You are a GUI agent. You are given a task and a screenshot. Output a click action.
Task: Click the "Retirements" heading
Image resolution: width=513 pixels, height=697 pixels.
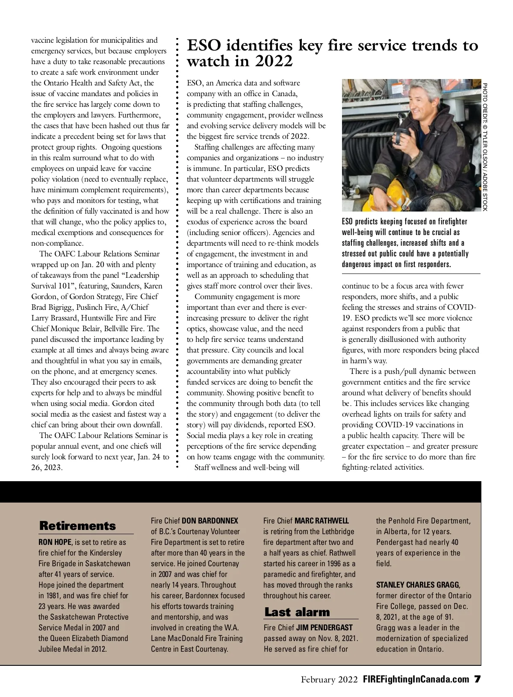pos(77,526)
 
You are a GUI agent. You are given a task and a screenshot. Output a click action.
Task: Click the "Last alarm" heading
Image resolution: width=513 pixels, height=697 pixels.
pos(297,612)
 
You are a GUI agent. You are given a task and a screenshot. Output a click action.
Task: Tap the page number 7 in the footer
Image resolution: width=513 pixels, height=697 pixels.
pos(477,680)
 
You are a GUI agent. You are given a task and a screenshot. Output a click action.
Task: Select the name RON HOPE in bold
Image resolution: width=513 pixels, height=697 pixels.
pos(55,542)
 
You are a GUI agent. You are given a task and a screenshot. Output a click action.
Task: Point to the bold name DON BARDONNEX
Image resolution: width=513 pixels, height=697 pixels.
pos(210,521)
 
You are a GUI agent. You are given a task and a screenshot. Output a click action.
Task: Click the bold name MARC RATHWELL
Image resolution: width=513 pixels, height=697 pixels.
pos(321,521)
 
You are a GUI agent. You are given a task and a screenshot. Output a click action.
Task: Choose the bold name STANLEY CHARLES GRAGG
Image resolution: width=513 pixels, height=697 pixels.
pos(418,585)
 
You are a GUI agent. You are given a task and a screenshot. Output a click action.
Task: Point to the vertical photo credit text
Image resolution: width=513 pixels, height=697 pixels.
pos(485,145)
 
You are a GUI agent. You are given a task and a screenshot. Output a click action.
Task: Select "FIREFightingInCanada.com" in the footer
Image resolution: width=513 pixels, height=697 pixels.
pos(415,680)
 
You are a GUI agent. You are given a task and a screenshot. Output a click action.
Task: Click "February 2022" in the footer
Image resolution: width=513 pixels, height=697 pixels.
pos(329,680)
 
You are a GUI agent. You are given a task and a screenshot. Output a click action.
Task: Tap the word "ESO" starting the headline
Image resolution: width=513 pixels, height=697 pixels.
pos(203,45)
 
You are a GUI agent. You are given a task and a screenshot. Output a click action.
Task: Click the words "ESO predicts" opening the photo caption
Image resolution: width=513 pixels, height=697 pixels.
pos(363,222)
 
